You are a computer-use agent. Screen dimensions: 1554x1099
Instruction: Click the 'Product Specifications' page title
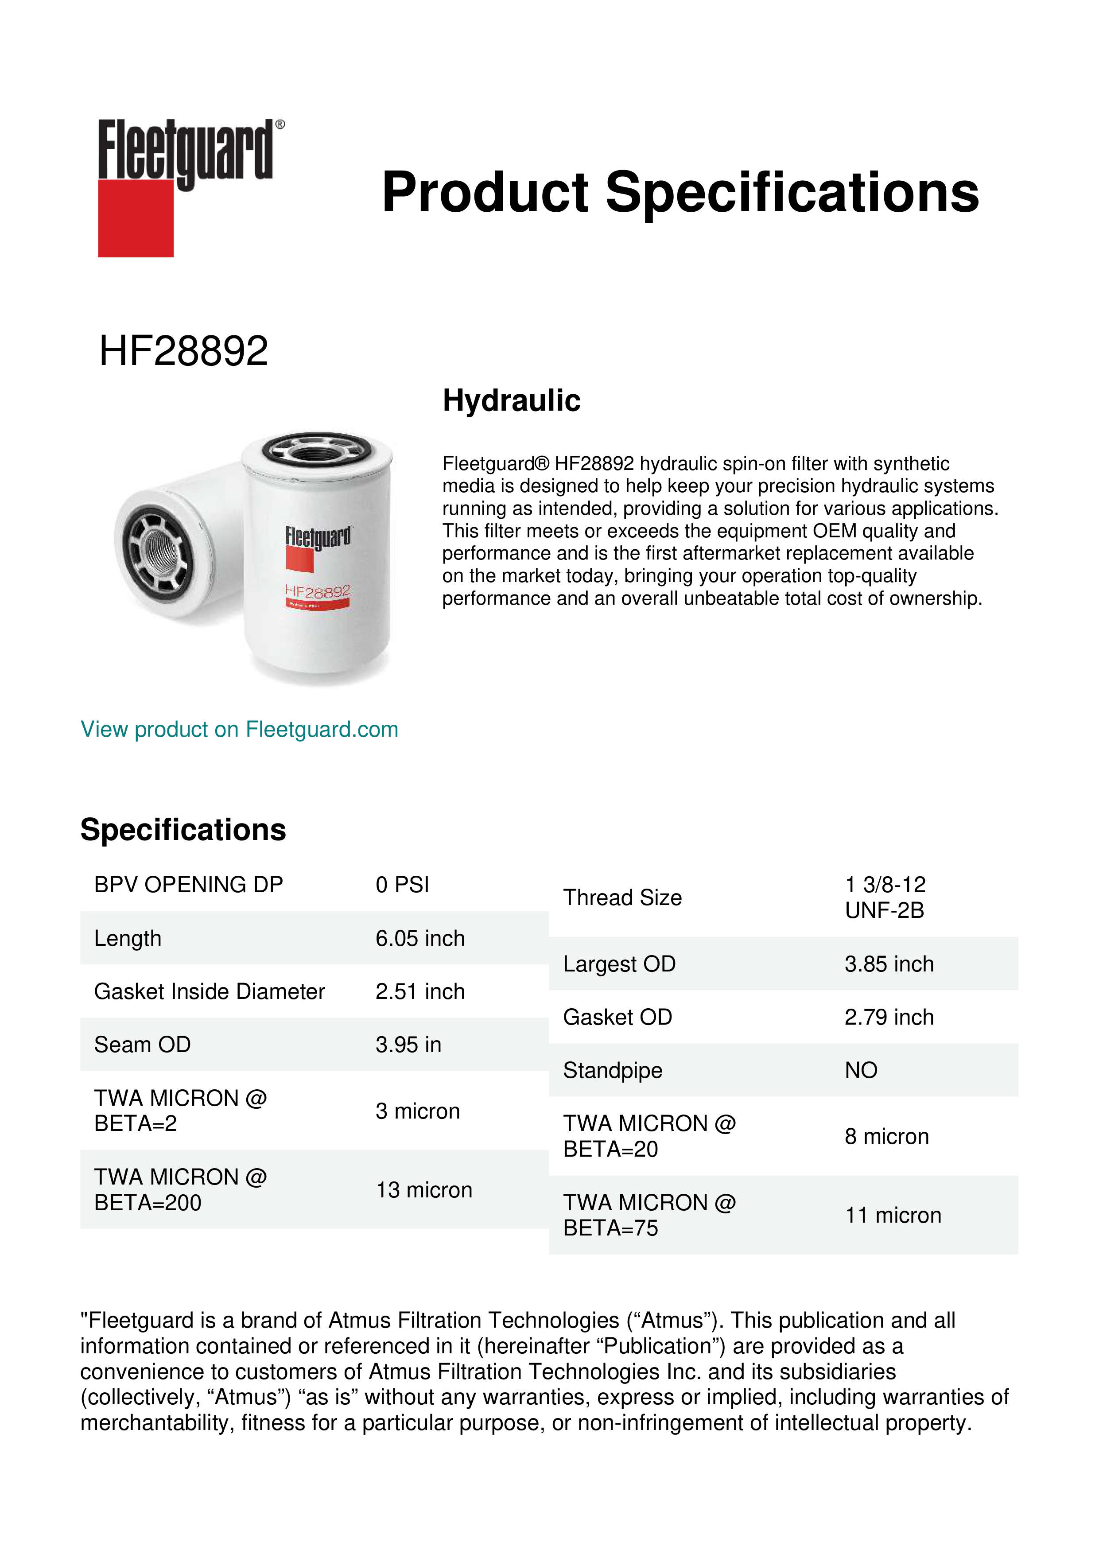680,192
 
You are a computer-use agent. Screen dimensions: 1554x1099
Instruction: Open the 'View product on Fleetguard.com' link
239,729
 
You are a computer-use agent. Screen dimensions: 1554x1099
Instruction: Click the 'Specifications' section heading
183,829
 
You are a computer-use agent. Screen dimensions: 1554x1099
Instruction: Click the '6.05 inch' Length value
419,938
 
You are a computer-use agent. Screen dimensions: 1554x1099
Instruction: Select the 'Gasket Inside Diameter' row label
209,991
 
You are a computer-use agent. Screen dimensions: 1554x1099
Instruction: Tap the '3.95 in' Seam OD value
408,1045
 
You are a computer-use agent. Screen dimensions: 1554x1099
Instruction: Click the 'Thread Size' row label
622,897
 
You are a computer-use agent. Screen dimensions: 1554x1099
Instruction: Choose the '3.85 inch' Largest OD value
889,964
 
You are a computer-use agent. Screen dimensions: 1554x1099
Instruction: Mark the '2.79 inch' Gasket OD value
889,1017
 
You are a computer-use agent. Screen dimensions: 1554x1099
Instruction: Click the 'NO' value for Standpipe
861,1070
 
